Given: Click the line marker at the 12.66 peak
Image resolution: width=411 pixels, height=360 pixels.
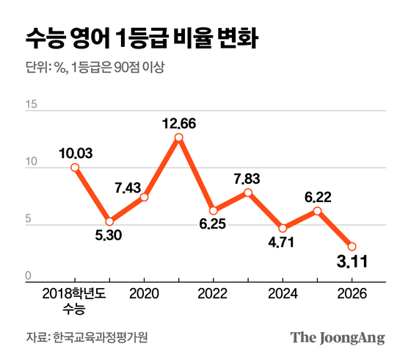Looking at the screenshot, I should tap(179, 137).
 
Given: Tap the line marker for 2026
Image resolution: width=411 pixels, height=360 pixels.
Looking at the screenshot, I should tap(352, 247).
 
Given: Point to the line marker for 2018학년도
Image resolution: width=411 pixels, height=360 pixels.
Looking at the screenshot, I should tap(75, 168).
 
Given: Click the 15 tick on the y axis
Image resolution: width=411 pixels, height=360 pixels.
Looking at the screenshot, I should tap(30, 105).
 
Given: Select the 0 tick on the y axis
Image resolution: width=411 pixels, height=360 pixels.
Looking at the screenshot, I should tap(29, 277).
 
